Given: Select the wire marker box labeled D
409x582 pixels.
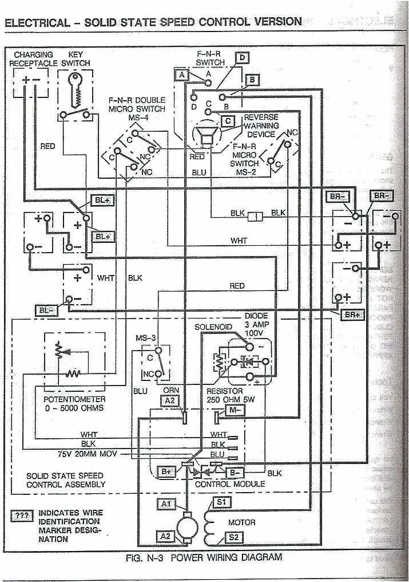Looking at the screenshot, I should [x=243, y=57].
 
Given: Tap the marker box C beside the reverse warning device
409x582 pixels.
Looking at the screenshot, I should [x=228, y=121].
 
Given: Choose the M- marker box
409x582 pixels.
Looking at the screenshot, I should [x=235, y=411].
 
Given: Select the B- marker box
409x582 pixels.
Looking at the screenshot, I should [x=235, y=473].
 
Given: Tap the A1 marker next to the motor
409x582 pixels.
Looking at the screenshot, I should [x=166, y=504].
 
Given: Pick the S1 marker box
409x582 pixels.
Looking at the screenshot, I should [x=221, y=502].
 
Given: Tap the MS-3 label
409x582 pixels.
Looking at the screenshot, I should [x=146, y=338].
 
